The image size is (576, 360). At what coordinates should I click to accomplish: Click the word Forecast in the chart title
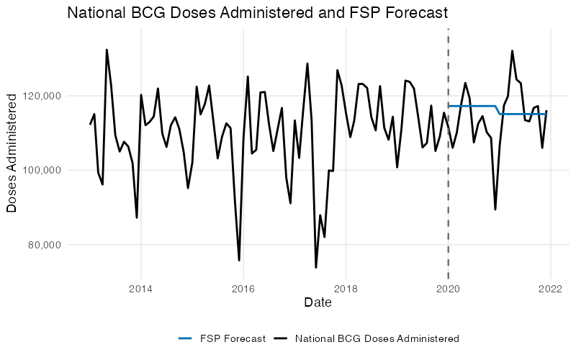[418, 12]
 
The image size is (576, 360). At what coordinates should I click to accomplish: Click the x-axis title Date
[318, 303]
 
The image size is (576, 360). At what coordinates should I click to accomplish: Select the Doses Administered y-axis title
[12, 157]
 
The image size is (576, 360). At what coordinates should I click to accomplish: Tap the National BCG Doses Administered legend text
[377, 338]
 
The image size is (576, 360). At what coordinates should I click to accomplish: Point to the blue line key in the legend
[185, 338]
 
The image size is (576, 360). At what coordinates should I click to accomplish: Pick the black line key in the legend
[282, 338]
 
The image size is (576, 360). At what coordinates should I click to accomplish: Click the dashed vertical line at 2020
[449, 180]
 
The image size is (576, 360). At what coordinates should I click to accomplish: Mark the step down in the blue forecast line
[498, 110]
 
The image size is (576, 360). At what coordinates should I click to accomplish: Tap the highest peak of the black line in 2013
[107, 50]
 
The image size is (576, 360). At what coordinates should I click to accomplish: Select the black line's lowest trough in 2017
[315, 268]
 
